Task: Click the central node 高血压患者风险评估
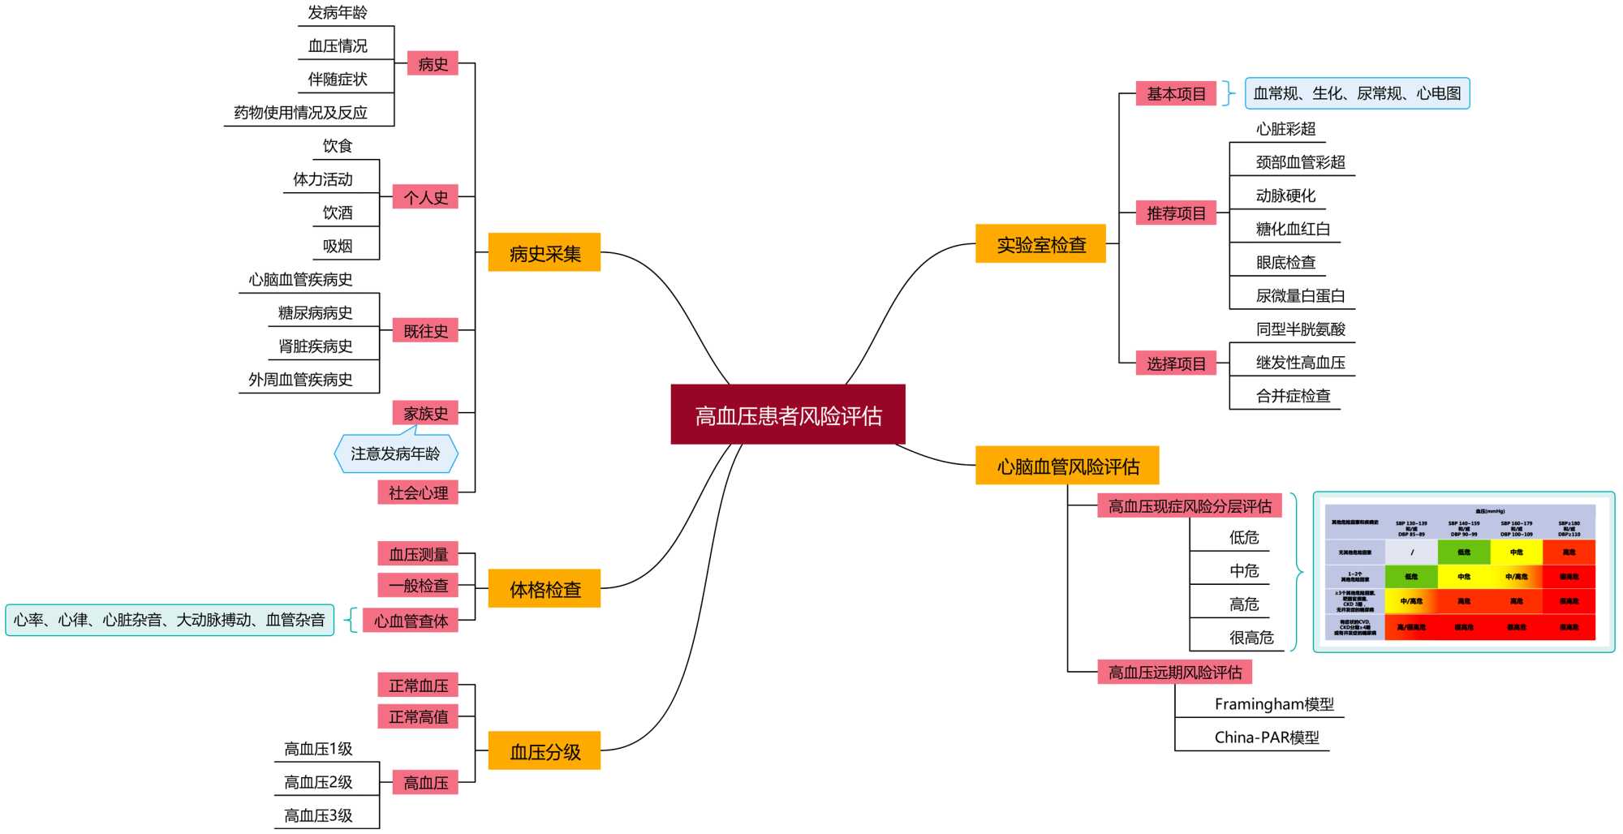click(787, 415)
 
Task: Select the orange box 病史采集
click(544, 252)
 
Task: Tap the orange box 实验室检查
click(1040, 243)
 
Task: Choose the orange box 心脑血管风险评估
click(1067, 466)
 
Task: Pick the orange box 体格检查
click(544, 589)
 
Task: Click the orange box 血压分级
click(544, 751)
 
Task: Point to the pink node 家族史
click(425, 413)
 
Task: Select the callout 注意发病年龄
click(395, 454)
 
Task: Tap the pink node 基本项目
click(1176, 93)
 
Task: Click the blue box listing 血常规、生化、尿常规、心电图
click(1357, 93)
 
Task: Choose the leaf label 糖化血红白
click(1293, 229)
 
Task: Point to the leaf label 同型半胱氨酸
click(1300, 329)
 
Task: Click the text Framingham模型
click(1273, 703)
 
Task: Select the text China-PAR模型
click(1266, 737)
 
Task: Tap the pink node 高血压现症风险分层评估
click(1190, 506)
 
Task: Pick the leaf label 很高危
click(1251, 637)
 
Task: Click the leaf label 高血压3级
click(318, 815)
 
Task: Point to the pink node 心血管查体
click(411, 621)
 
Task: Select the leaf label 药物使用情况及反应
click(300, 112)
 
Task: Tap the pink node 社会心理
click(418, 492)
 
